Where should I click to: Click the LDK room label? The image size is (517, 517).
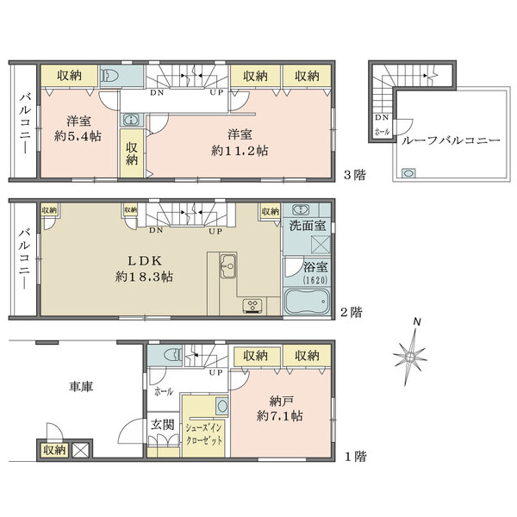point(145,261)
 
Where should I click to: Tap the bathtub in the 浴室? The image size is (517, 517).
point(307,301)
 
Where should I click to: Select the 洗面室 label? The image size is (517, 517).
point(308,226)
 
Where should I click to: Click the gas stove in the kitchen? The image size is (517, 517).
point(252,305)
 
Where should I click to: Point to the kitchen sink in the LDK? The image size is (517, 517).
point(228,265)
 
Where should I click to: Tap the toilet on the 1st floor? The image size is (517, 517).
point(173,355)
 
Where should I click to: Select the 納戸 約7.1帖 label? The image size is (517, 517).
point(279,408)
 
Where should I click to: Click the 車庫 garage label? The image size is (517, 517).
point(81,386)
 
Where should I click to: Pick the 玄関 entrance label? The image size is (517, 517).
point(163,425)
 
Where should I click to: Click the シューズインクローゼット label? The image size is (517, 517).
point(204,434)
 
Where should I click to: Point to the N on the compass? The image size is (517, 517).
point(417,321)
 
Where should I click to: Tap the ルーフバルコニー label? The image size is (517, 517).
point(451,141)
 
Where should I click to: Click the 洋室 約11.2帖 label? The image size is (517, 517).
point(240,143)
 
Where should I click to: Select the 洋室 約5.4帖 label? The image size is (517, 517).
point(78,128)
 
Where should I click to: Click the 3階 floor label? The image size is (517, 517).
point(355,175)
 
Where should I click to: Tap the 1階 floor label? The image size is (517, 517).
point(356,457)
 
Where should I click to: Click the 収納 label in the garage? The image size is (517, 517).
point(55,450)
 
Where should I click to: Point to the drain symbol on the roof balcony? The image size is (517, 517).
point(408,173)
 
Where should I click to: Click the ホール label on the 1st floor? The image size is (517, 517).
point(164,392)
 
